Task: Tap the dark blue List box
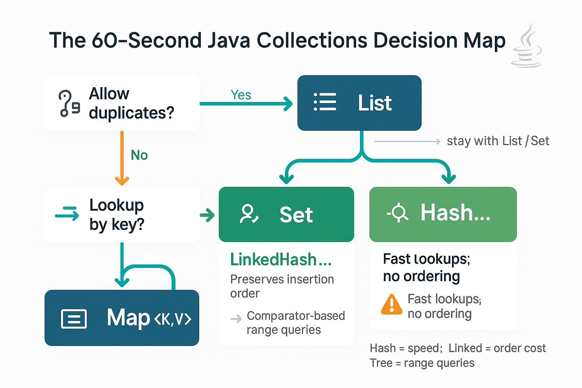pyautogui.click(x=359, y=103)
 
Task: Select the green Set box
pyautogui.click(x=286, y=214)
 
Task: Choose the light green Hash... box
pyautogui.click(x=443, y=214)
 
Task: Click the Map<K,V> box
pyautogui.click(x=122, y=318)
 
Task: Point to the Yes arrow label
pyautogui.click(x=241, y=95)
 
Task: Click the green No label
pyautogui.click(x=139, y=155)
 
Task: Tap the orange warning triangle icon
pyautogui.click(x=391, y=305)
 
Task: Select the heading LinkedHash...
pyautogui.click(x=281, y=260)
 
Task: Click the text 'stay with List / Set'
pyautogui.click(x=498, y=141)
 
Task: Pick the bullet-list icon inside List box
pyautogui.click(x=325, y=102)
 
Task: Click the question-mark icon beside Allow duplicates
pyautogui.click(x=69, y=103)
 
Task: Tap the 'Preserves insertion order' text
pyautogui.click(x=282, y=286)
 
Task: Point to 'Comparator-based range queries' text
pyautogui.click(x=296, y=322)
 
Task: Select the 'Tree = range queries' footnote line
pyautogui.click(x=422, y=363)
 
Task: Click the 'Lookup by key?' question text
pyautogui.click(x=117, y=214)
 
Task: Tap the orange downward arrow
pyautogui.click(x=122, y=159)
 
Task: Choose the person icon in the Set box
pyautogui.click(x=249, y=214)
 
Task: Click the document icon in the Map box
pyautogui.click(x=74, y=319)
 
